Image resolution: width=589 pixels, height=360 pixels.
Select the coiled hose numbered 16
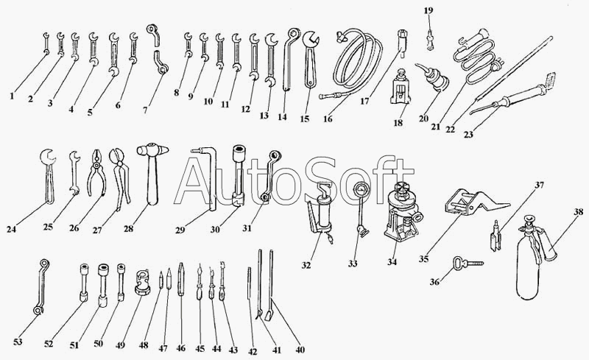(x=356, y=63)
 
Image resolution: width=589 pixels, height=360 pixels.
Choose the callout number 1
(x=13, y=95)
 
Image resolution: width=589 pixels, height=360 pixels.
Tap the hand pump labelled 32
(x=322, y=218)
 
